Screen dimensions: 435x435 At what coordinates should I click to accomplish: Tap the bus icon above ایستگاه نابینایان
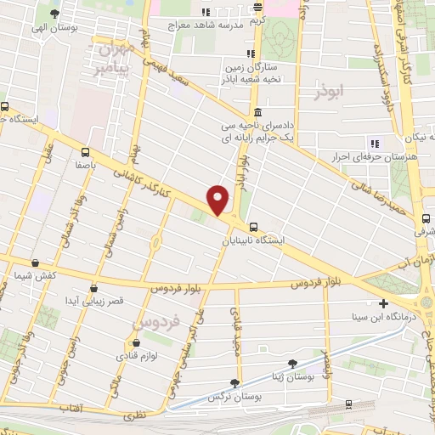pyautogui.click(x=254, y=227)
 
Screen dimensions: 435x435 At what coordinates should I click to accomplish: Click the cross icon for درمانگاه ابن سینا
pyautogui.click(x=383, y=303)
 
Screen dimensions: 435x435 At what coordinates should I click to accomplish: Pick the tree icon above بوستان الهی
pyautogui.click(x=55, y=14)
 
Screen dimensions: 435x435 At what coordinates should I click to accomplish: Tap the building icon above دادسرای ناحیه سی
pyautogui.click(x=257, y=112)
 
